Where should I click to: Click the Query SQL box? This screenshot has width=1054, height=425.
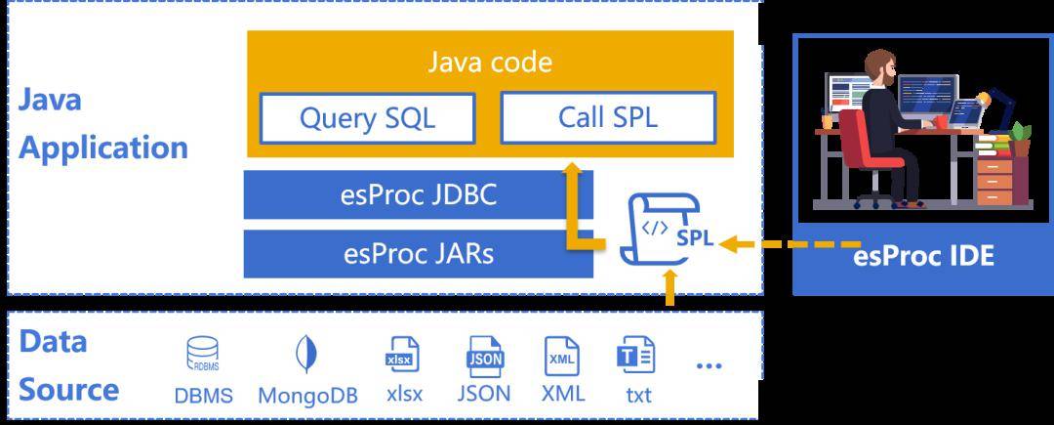click(x=368, y=118)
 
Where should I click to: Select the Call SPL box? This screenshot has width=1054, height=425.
click(x=608, y=117)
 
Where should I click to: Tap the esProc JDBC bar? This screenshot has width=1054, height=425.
click(x=418, y=195)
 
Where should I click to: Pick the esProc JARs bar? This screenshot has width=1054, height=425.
click(x=418, y=253)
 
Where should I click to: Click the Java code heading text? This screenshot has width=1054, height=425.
click(x=490, y=63)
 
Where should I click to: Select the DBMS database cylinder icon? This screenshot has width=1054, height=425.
click(x=202, y=354)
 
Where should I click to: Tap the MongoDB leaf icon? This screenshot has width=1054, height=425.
click(x=306, y=354)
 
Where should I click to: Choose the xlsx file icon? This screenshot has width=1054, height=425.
click(x=402, y=354)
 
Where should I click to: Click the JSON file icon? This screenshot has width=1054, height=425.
click(x=484, y=355)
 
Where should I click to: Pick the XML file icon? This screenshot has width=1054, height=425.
click(x=561, y=356)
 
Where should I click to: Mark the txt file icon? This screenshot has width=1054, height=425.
click(x=636, y=356)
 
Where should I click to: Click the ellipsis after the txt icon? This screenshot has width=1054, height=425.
click(x=709, y=365)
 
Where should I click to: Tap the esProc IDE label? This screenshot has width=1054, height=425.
click(x=923, y=256)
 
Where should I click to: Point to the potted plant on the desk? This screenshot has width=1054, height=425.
click(x=1021, y=139)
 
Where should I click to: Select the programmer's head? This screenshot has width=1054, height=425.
click(x=880, y=66)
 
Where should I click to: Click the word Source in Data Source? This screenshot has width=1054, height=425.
click(x=68, y=390)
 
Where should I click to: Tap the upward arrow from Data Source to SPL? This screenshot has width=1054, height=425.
click(x=669, y=287)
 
